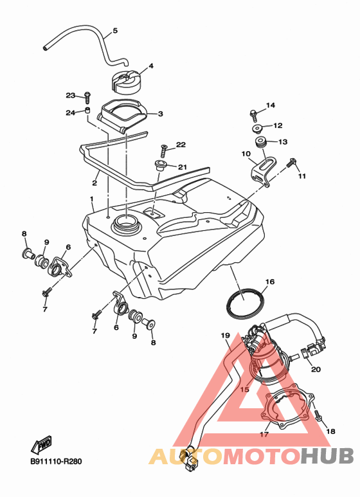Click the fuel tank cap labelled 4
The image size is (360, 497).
click(125, 82)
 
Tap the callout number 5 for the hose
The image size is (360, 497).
click(115, 31)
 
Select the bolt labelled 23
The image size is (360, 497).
click(87, 97)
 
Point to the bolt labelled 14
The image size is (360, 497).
click(253, 115)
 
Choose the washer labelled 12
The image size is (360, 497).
click(256, 129)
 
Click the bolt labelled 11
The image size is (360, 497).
click(291, 163)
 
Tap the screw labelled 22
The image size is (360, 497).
click(163, 150)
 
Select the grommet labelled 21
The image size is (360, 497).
click(160, 165)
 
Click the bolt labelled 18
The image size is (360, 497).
click(318, 416)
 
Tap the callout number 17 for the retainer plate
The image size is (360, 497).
click(264, 434)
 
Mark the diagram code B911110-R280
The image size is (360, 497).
click(56, 462)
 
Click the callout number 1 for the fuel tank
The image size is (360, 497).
click(91, 199)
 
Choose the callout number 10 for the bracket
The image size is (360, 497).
click(246, 154)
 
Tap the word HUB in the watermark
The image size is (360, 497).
click(327, 456)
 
